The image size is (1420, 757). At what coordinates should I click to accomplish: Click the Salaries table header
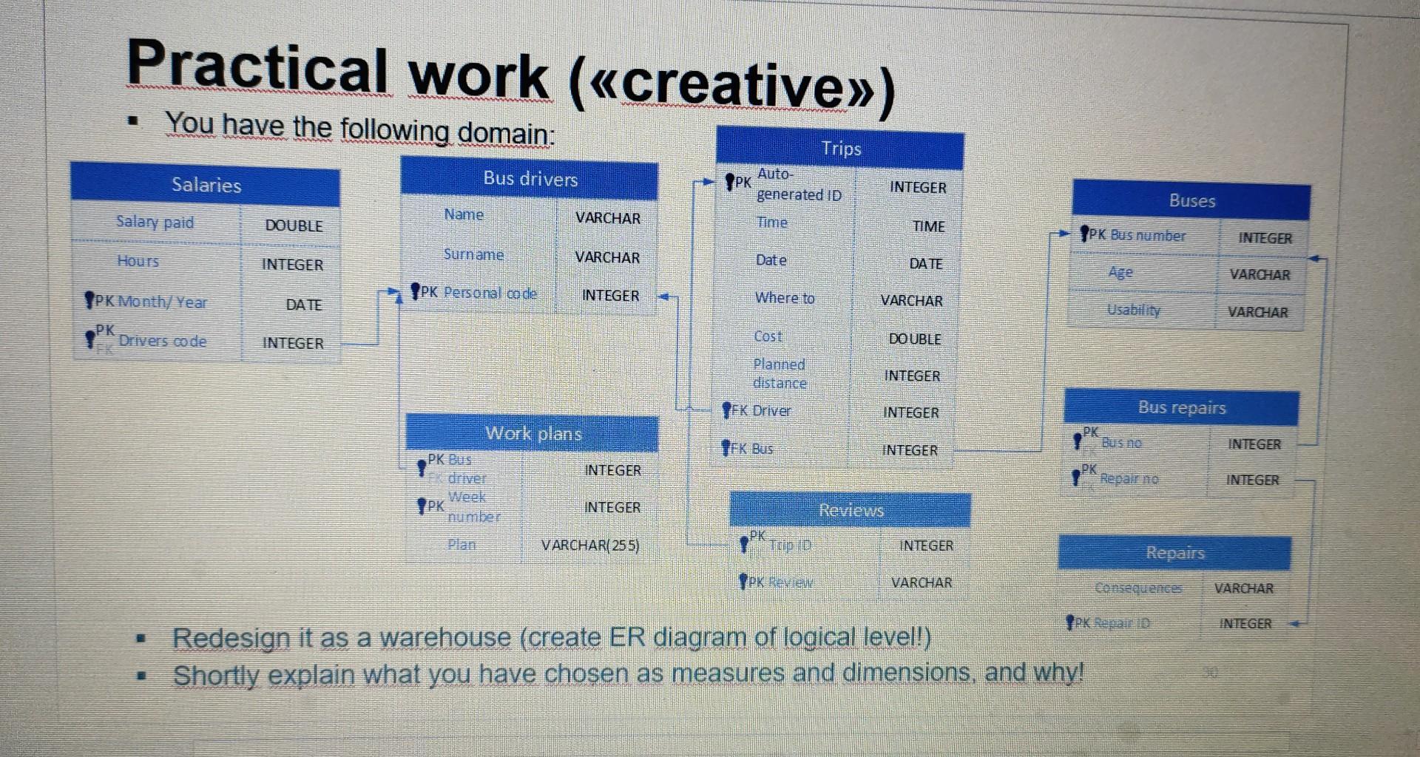coord(206,184)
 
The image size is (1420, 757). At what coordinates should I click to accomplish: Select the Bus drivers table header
coord(530,178)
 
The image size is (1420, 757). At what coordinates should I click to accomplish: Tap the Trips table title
coord(841,149)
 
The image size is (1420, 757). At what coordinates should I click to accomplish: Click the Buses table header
coord(1191,200)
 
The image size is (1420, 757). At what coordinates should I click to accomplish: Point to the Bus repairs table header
coord(1181,407)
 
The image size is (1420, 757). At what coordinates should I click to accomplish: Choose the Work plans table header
coord(532,433)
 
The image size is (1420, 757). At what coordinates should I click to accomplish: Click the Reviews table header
coord(851,510)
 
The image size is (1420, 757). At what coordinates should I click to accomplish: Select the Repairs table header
coord(1174,553)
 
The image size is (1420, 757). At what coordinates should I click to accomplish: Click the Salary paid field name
coord(155,222)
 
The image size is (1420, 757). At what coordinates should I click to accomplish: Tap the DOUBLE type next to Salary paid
coord(294,225)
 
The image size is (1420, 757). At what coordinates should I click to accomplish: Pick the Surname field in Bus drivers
coord(473,254)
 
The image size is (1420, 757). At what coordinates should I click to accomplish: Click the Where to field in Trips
coord(784,298)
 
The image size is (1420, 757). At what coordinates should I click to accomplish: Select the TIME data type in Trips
coord(928,226)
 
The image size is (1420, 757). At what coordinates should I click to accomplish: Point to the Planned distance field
coord(779,374)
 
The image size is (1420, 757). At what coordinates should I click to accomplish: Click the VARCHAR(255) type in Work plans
coord(589,546)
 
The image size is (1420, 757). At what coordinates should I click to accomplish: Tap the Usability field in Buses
coord(1133,310)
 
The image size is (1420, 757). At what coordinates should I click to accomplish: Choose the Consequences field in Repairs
coord(1137,588)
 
